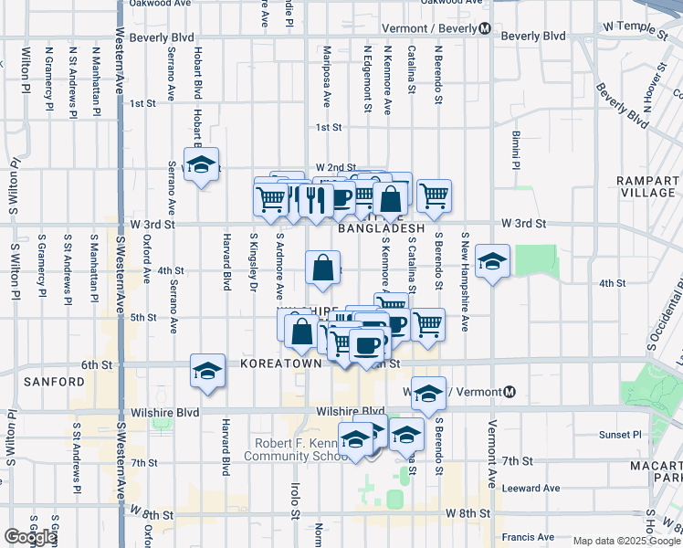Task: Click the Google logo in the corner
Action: click(x=30, y=538)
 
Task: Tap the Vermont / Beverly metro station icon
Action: click(x=485, y=28)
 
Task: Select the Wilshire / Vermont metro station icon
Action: click(x=510, y=392)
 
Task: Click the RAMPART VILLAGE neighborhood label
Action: click(x=645, y=186)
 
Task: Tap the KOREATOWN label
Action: click(x=281, y=364)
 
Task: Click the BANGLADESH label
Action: click(x=382, y=229)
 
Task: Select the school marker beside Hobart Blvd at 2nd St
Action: click(x=200, y=165)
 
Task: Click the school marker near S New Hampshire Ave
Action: click(x=492, y=262)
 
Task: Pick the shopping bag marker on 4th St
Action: click(x=323, y=269)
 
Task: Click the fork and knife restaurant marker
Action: click(x=315, y=199)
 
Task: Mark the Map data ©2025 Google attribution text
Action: click(x=626, y=541)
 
